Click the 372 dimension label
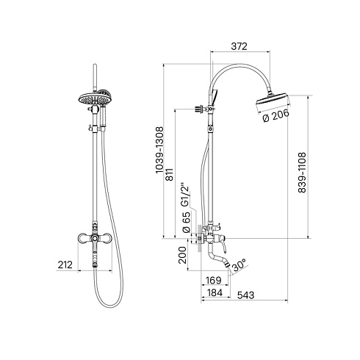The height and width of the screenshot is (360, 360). pyautogui.click(x=239, y=46)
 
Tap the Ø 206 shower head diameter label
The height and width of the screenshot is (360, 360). pyautogui.click(x=276, y=115)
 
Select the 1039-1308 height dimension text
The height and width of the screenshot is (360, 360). pyautogui.click(x=159, y=150)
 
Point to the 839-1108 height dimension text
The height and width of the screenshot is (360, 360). pyautogui.click(x=302, y=173)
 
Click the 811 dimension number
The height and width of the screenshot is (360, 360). pyautogui.click(x=169, y=175)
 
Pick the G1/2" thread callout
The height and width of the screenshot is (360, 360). pyautogui.click(x=185, y=195)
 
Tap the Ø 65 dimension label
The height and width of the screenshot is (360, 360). pyautogui.click(x=187, y=222)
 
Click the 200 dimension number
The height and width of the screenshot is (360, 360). pyautogui.click(x=182, y=255)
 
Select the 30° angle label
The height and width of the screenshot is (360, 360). pyautogui.click(x=239, y=264)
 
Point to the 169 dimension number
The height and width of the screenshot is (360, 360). pyautogui.click(x=213, y=280)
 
